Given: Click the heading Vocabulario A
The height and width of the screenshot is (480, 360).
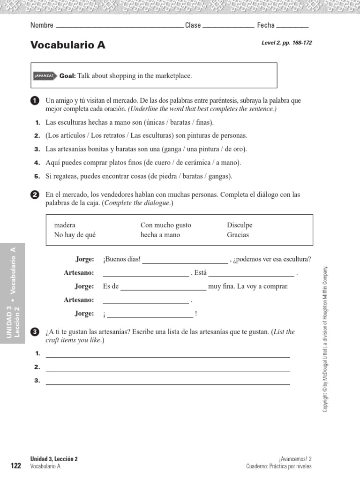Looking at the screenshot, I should tap(68, 45).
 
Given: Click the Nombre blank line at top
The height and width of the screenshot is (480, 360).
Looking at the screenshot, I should tap(120, 26).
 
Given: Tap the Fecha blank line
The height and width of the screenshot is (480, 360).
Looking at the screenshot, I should tap(292, 26).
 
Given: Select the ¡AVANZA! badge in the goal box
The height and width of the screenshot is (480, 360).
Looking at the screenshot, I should tap(45, 76).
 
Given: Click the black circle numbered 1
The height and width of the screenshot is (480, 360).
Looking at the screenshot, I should tap(34, 101).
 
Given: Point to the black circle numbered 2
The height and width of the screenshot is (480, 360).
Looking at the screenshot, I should tap(34, 195).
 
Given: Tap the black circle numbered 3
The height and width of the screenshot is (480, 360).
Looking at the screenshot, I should tap(34, 332).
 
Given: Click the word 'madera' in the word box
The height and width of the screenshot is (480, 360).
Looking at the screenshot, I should tap(65, 225).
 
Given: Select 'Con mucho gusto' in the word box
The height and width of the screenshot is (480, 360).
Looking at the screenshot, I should tap(166, 225).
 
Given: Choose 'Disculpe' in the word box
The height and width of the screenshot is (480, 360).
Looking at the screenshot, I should tap(240, 225).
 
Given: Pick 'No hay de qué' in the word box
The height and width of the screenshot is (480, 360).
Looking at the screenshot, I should tap(75, 235).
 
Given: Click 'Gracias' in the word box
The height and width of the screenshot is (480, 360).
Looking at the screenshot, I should tap(238, 235).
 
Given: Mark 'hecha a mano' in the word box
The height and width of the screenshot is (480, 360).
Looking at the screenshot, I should tap(160, 235).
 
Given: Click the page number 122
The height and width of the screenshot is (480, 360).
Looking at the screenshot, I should tap(16, 465).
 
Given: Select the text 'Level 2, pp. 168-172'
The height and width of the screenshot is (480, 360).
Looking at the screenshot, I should tap(286, 43).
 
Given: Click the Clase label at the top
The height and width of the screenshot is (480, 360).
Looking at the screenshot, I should tap(193, 25).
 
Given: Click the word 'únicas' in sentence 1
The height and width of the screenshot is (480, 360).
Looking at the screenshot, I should tap(155, 122).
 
